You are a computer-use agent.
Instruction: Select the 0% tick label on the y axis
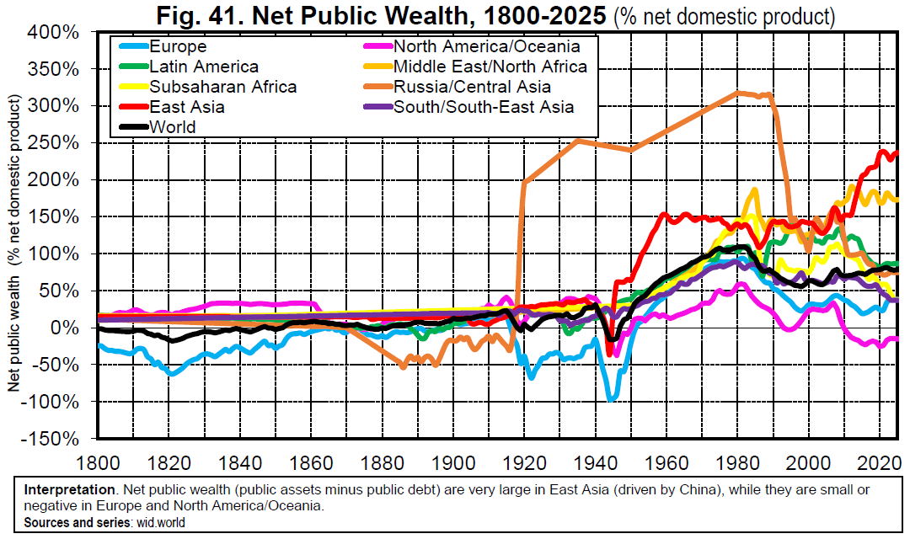click(x=66, y=328)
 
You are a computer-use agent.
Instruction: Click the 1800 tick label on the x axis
click(x=98, y=463)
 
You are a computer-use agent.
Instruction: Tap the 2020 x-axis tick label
click(x=880, y=463)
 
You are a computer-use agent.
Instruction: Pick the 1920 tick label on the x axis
click(x=524, y=463)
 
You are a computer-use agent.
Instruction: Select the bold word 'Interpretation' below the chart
click(x=68, y=490)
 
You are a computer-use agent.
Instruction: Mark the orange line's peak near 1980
click(x=739, y=92)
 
